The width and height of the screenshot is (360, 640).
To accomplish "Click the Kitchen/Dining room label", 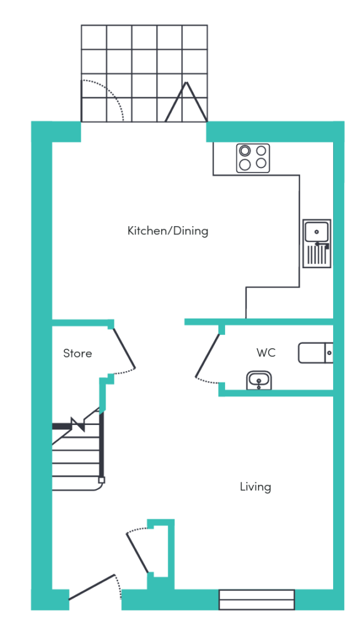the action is pyautogui.click(x=167, y=231).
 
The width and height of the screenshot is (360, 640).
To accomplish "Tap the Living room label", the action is pyautogui.click(x=256, y=486).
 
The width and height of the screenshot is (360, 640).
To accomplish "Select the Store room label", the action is pyautogui.click(x=77, y=353).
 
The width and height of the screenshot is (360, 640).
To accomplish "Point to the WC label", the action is pyautogui.click(x=266, y=352).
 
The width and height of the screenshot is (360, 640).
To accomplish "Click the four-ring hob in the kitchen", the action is pyautogui.click(x=253, y=157).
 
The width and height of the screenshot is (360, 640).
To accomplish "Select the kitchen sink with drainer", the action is pyautogui.click(x=317, y=244).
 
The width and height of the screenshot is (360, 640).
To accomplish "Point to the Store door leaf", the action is pyautogui.click(x=123, y=347).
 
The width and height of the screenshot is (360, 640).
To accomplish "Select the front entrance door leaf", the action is pyautogui.click(x=92, y=587).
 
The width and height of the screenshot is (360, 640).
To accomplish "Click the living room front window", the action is pyautogui.click(x=257, y=599).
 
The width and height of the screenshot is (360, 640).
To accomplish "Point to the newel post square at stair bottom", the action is pyautogui.click(x=102, y=480).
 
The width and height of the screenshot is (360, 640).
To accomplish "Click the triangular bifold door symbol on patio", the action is pyautogui.click(x=186, y=102).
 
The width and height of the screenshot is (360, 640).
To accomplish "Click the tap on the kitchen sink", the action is pyautogui.click(x=321, y=244).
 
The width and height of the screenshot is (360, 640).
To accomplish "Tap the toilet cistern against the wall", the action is pyautogui.click(x=329, y=353).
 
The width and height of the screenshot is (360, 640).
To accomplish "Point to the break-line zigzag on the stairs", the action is pyautogui.click(x=77, y=424).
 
